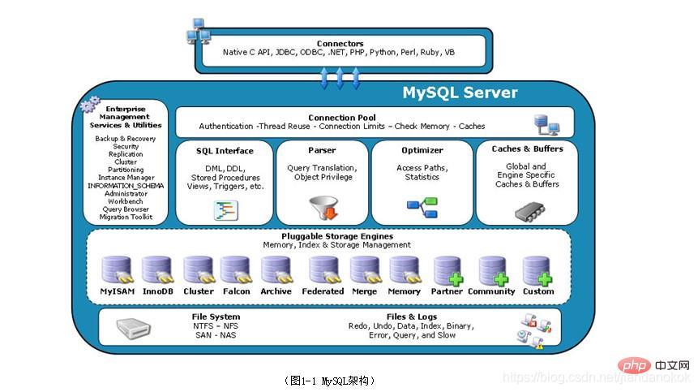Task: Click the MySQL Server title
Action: click(460, 93)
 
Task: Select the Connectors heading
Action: click(340, 43)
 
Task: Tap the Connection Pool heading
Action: click(341, 118)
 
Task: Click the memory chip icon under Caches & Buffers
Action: click(525, 212)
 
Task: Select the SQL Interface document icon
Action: click(225, 210)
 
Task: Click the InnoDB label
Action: click(157, 291)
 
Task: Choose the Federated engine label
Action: click(323, 291)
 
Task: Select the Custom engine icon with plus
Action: click(537, 269)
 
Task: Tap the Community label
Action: click(492, 291)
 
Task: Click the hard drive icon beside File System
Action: click(133, 329)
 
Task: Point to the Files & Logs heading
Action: click(412, 317)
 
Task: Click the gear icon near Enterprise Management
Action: click(90, 105)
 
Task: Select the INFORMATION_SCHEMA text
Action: click(126, 186)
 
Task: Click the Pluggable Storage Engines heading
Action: click(336, 236)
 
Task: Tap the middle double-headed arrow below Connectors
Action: click(340, 78)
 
